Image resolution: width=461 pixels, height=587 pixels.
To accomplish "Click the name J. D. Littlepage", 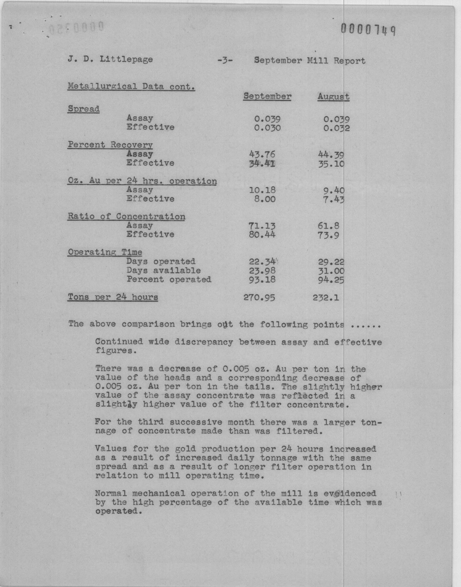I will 110,60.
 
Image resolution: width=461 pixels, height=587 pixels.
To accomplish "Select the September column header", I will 267,96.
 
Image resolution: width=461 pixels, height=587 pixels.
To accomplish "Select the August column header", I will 333,97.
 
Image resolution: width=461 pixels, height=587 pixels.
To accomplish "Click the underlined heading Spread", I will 84,109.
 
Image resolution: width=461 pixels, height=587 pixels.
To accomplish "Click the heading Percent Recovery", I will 110,145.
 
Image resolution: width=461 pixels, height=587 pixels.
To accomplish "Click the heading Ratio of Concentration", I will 126,216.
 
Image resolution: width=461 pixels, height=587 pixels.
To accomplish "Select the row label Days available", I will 164,271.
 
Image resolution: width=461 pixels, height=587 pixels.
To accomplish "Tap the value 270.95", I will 259,298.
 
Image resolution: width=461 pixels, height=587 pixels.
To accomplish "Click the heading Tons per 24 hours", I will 113,297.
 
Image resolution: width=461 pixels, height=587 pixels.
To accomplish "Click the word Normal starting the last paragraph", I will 111,494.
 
